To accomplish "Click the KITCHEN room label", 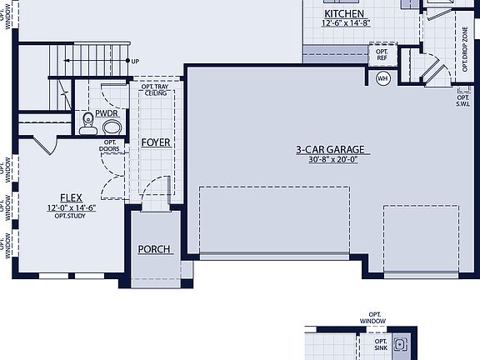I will [344, 14].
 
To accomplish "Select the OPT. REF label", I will [382, 54].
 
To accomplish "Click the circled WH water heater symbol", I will [383, 79].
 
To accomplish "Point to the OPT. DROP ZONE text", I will [464, 48].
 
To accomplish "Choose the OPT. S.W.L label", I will [463, 101].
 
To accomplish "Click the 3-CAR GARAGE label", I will [331, 150].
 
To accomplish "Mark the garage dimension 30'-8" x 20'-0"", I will [331, 160].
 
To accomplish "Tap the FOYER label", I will [155, 142].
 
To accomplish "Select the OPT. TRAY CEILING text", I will [156, 89].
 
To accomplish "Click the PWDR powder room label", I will [106, 113].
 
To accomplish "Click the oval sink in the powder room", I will [110, 127].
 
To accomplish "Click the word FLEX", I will [71, 198].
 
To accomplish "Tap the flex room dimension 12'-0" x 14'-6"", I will [71, 207].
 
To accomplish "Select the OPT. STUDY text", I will [71, 216].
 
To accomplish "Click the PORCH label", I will [154, 249].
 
